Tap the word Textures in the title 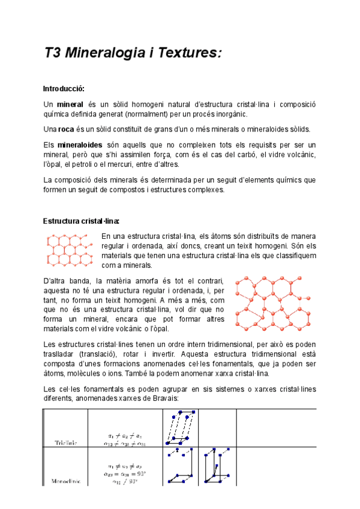pos(189,53)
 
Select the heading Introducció pos(68,89)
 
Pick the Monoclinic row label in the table pos(65,481)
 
